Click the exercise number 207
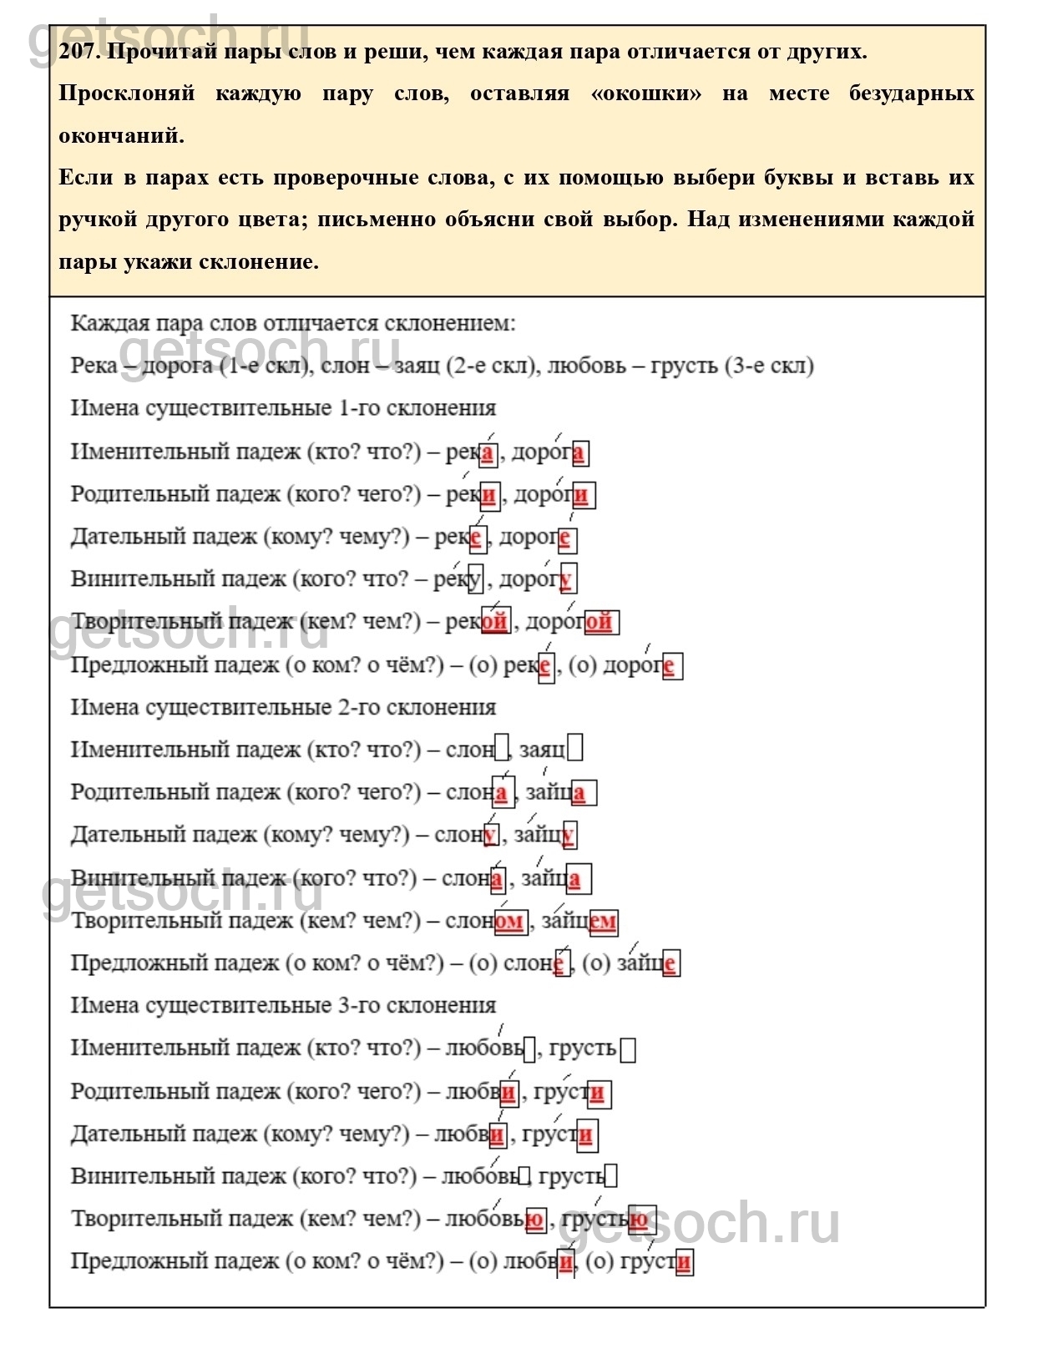pyautogui.click(x=79, y=52)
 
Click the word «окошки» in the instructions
pyautogui.click(x=645, y=93)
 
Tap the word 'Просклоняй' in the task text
pyautogui.click(x=126, y=93)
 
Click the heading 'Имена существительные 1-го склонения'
pyautogui.click(x=283, y=408)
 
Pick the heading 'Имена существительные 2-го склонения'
pyautogui.click(x=283, y=708)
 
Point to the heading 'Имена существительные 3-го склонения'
pyautogui.click(x=283, y=1006)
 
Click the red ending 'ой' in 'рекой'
pyautogui.click(x=494, y=622)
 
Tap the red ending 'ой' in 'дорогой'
pyautogui.click(x=599, y=622)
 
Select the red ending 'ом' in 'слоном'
pyautogui.click(x=508, y=922)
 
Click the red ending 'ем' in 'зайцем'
pyautogui.click(x=603, y=922)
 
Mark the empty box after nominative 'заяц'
pyautogui.click(x=575, y=749)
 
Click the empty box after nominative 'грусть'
pyautogui.click(x=628, y=1049)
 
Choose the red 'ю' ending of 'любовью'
pyautogui.click(x=535, y=1220)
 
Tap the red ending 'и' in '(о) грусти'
pyautogui.click(x=684, y=1262)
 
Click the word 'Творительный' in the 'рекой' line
pyautogui.click(x=146, y=622)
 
